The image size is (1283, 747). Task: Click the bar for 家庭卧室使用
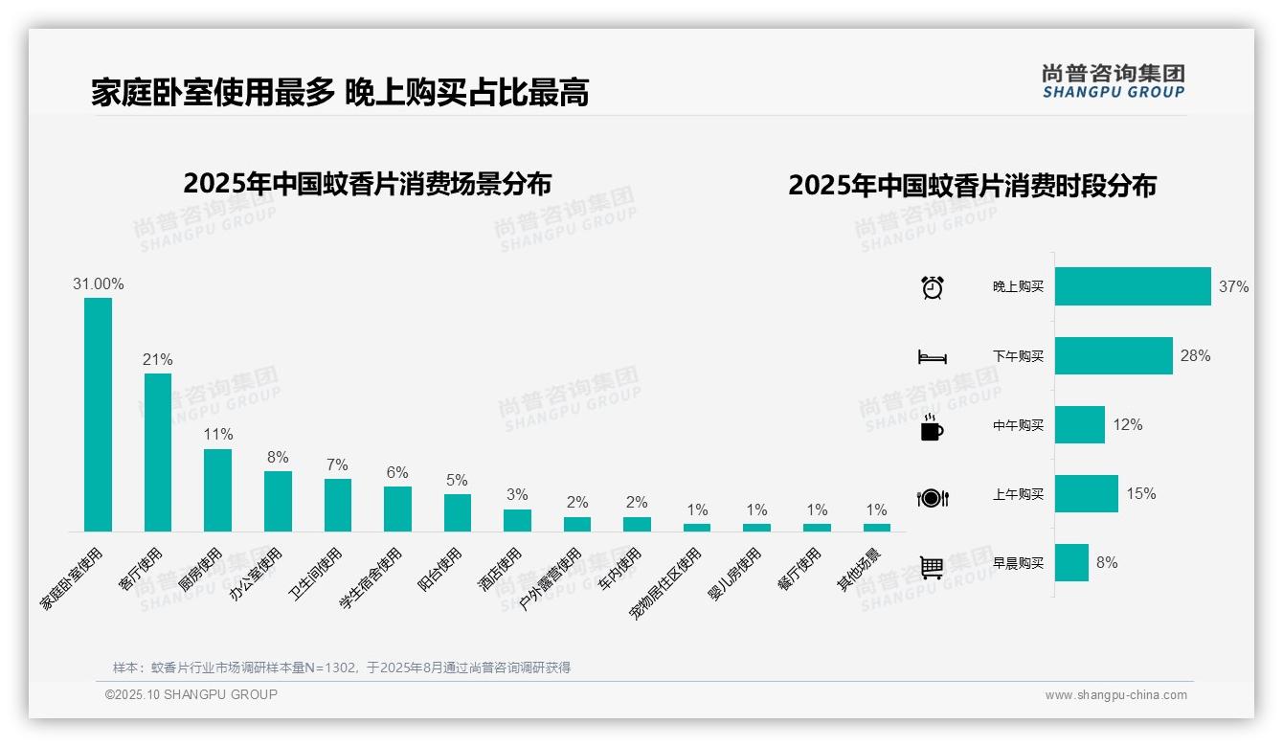click(98, 414)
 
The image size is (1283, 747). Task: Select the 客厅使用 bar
click(158, 451)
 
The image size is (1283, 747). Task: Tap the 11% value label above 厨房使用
click(217, 435)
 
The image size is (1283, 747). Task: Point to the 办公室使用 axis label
click(257, 574)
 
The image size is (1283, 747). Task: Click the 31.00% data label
click(98, 284)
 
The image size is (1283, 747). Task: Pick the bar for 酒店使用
click(517, 520)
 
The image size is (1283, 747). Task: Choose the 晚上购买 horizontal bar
click(1133, 286)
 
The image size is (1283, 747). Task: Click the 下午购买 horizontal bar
click(1114, 355)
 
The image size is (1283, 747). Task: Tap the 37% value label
click(1233, 287)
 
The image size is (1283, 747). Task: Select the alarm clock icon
click(932, 287)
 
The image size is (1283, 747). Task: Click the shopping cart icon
click(932, 567)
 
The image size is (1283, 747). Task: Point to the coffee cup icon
click(932, 427)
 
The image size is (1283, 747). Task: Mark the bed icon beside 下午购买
click(932, 357)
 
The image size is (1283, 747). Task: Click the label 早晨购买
click(1018, 563)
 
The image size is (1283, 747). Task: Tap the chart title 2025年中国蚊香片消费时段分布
click(972, 186)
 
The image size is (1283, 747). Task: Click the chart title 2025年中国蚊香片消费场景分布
click(367, 183)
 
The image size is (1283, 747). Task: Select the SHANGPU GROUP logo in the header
click(1114, 81)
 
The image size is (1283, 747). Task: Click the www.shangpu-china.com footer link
click(1115, 695)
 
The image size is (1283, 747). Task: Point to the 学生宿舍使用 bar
click(397, 509)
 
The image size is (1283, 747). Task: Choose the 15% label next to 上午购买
click(1140, 494)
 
